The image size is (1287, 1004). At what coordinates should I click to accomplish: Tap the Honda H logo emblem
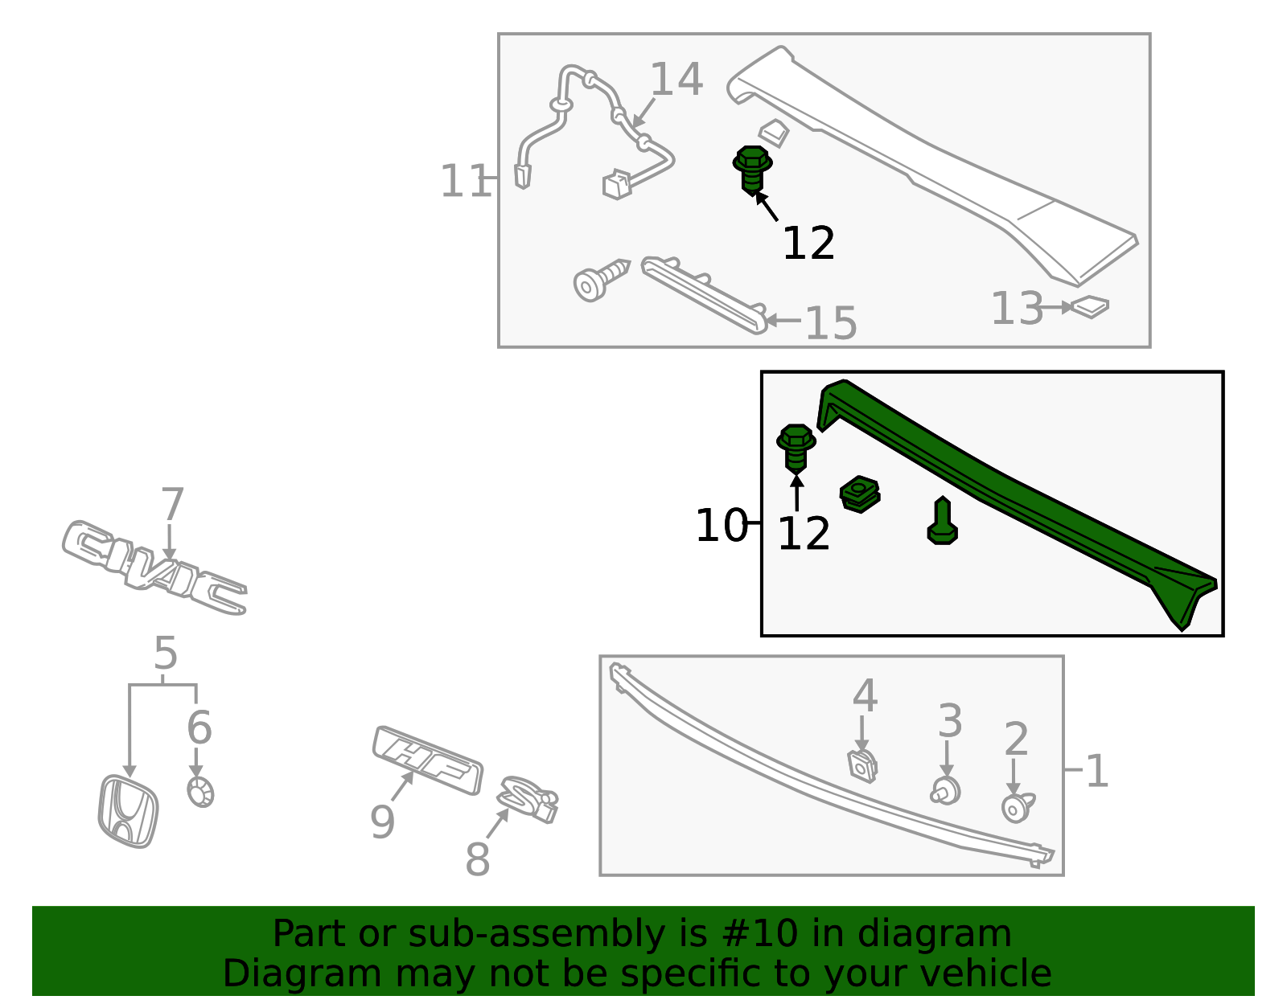click(x=128, y=811)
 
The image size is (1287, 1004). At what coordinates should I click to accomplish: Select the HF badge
click(x=428, y=760)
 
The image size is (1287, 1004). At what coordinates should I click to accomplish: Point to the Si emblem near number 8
click(x=528, y=799)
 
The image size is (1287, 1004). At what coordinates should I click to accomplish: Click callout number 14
click(x=676, y=80)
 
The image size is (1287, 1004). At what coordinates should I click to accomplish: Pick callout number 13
click(x=1017, y=309)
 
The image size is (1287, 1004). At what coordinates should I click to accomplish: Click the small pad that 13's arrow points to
click(x=1091, y=306)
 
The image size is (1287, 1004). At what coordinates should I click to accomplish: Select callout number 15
click(x=831, y=323)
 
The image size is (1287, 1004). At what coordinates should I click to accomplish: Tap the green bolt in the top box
click(x=752, y=169)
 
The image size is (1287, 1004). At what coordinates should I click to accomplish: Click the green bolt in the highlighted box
click(x=796, y=447)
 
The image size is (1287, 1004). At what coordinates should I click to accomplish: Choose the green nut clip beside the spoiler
click(x=860, y=494)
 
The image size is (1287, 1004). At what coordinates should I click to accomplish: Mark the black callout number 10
click(x=722, y=527)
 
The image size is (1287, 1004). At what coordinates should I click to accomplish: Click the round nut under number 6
click(x=200, y=793)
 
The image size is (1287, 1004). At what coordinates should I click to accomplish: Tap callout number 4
click(x=865, y=695)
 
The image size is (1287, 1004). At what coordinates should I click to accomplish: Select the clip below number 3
click(x=947, y=790)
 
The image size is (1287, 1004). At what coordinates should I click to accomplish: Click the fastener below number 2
click(x=1017, y=806)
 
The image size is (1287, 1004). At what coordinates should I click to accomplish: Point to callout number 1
click(x=1096, y=772)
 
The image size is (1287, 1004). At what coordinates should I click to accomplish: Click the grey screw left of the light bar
click(x=599, y=279)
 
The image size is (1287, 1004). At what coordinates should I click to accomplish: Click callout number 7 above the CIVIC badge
click(x=172, y=505)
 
